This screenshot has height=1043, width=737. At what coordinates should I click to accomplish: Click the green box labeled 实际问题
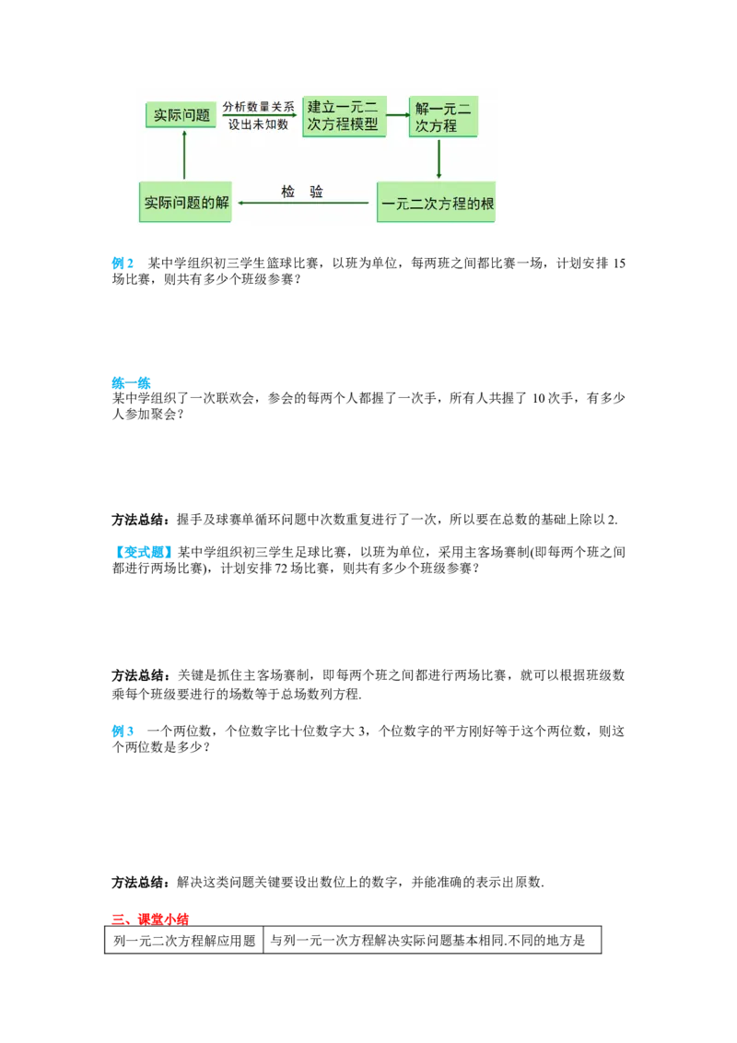coord(181,115)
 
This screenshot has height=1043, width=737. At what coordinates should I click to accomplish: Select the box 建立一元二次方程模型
coord(344,116)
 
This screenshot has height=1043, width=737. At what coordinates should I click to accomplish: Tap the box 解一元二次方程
coord(443,116)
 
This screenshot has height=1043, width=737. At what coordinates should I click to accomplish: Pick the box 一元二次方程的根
coord(437,202)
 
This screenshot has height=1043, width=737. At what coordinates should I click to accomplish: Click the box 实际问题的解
coord(185,202)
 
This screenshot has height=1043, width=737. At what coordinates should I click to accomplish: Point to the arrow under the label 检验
coord(303,203)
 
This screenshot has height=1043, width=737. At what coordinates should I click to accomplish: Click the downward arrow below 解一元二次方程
coord(439,158)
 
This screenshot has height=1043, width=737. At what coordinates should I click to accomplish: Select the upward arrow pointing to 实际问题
coord(184,155)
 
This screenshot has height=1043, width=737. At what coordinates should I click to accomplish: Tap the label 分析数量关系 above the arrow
coord(258,107)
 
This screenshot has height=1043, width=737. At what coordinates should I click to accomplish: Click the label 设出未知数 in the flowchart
coord(258,124)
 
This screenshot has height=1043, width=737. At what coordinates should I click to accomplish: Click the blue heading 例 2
coord(123,264)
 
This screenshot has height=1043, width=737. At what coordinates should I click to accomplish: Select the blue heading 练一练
coord(131,383)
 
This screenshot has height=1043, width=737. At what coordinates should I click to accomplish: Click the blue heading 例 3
coord(123,731)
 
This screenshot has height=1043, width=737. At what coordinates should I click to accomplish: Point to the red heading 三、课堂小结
coord(150,920)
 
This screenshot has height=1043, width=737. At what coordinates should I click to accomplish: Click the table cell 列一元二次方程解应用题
coord(184,940)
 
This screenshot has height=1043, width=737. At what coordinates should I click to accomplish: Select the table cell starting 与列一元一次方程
coord(432,940)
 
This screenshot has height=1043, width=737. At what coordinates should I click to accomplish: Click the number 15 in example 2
coord(618,264)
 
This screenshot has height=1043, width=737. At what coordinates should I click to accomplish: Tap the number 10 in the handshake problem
coord(538,398)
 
